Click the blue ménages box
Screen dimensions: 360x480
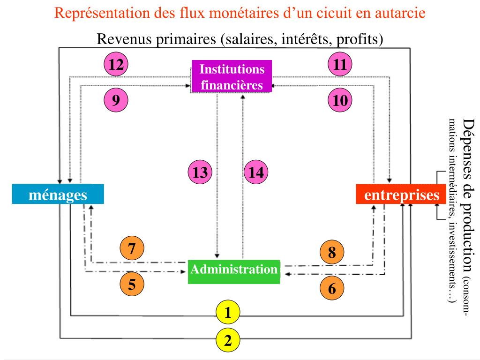coord(58,194)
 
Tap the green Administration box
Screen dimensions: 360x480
coord(233,271)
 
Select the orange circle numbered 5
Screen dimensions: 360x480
coord(132,285)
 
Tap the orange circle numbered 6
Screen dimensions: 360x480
coord(332,289)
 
